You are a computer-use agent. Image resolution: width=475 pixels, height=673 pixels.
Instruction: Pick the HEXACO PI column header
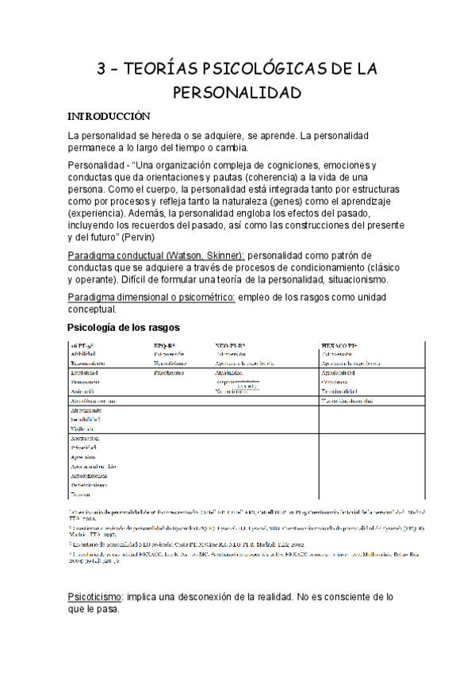pyautogui.click(x=340, y=346)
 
